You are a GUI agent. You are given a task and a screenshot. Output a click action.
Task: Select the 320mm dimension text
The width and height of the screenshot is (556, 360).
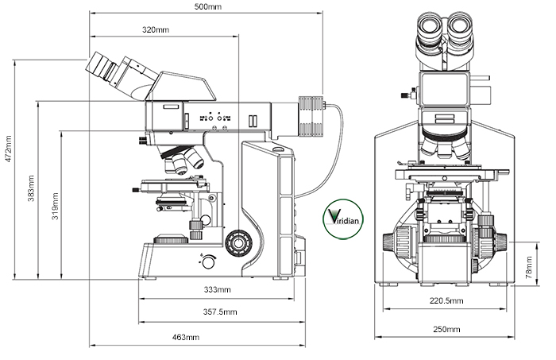tap(155, 29)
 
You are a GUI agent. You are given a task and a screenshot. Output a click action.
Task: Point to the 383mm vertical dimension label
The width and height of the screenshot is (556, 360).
tap(31, 188)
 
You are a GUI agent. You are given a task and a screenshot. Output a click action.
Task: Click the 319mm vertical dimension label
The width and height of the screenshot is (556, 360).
tap(53, 205)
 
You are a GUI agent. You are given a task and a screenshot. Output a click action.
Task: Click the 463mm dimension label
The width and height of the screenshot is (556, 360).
tap(185, 338)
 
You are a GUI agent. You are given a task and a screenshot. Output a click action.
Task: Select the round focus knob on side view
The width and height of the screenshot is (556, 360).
tap(236, 241)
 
